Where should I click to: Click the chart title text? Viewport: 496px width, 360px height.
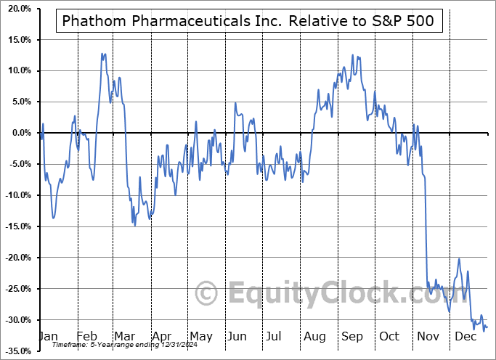[x=248, y=21]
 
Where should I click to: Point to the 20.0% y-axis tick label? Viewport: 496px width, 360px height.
[x=17, y=9]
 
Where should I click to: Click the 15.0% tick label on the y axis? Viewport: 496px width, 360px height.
[x=17, y=40]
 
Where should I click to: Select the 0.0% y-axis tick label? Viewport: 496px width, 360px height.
[x=18, y=133]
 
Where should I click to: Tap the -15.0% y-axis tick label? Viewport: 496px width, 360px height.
[x=15, y=226]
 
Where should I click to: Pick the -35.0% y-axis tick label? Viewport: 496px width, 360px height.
[x=15, y=351]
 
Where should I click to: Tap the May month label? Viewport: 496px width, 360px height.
[x=200, y=337]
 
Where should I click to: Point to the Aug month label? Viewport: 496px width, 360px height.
[x=315, y=337]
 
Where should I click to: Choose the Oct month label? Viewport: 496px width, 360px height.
[x=390, y=337]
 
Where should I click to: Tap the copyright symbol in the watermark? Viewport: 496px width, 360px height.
[x=207, y=294]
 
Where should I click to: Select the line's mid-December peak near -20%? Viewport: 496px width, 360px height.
[x=459, y=258]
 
